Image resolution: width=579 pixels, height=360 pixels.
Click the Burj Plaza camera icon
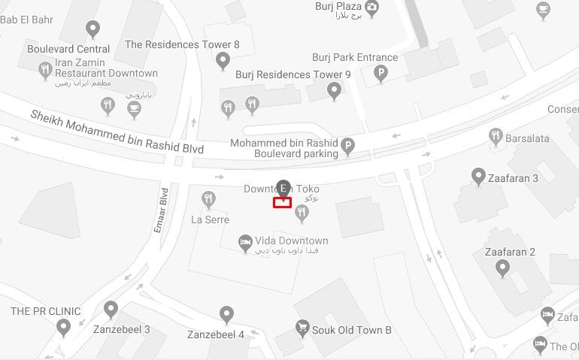click(x=371, y=8)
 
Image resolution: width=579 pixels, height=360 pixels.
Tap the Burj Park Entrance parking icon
click(x=381, y=73)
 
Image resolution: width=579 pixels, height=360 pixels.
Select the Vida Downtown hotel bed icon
click(x=244, y=241)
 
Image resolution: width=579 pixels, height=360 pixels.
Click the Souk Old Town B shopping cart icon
click(x=302, y=328)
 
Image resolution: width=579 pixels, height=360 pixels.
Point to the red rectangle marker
click(x=282, y=202)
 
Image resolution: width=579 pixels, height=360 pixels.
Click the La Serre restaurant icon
click(x=209, y=199)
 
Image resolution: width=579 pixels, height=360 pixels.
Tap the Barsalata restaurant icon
click(x=496, y=136)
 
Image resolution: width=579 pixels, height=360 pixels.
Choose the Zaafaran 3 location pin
click(x=477, y=177)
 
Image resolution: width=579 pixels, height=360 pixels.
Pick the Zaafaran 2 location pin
click(x=502, y=268)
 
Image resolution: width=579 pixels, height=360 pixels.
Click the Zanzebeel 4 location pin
click(x=226, y=314)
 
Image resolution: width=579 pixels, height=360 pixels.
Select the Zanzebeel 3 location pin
click(x=111, y=309)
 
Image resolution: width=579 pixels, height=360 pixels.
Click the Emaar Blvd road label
click(x=160, y=210)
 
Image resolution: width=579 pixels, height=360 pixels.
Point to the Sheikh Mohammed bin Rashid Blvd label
click(x=117, y=132)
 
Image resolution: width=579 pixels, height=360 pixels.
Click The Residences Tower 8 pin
click(x=223, y=60)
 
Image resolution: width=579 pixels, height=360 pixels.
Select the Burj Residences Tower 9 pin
click(x=335, y=91)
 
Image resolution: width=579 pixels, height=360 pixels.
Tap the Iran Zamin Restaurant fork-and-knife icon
click(x=45, y=71)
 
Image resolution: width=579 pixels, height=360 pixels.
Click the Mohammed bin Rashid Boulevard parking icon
click(x=347, y=146)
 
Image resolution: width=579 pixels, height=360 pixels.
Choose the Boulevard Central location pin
click(x=92, y=29)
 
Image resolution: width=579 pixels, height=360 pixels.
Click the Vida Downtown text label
click(x=292, y=241)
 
